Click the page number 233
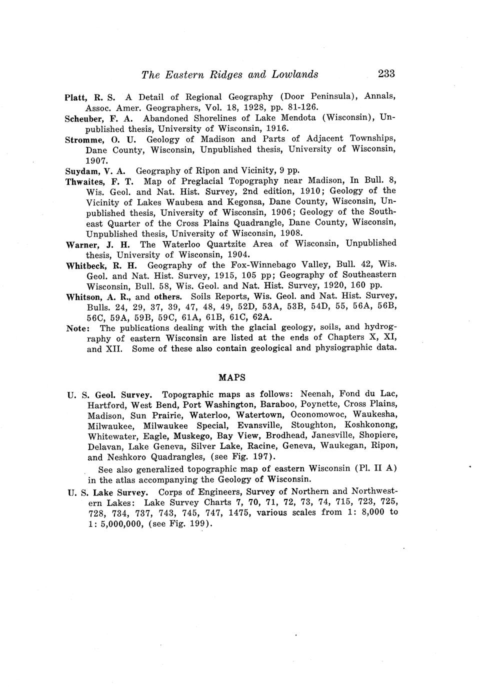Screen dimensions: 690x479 tap(386, 74)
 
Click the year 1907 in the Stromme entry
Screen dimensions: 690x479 tap(95, 160)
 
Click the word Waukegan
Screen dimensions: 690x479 tap(342, 445)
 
